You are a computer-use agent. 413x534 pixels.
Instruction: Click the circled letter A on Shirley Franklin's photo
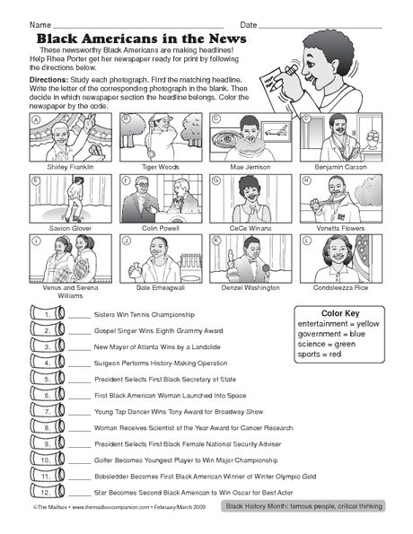(37, 118)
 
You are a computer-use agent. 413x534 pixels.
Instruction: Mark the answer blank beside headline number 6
(79, 397)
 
